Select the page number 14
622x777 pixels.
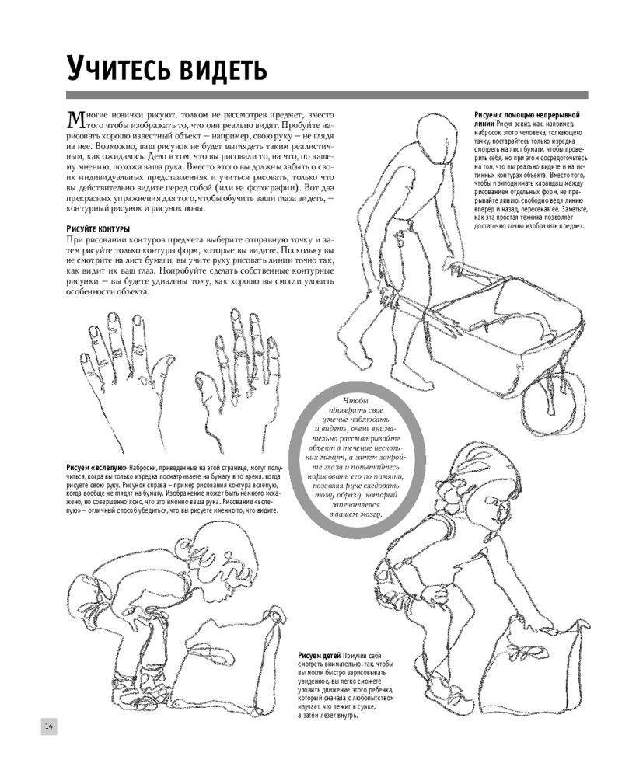coord(49,726)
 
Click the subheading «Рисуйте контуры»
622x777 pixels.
coord(98,229)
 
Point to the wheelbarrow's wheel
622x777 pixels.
coord(555,406)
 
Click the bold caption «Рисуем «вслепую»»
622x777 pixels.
coord(96,467)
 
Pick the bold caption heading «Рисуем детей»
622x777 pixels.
coord(320,655)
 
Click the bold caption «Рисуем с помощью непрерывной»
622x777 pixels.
coord(527,115)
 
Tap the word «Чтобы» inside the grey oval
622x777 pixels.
coord(357,401)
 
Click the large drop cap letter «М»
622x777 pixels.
coord(76,120)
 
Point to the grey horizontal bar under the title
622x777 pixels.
coord(327,95)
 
